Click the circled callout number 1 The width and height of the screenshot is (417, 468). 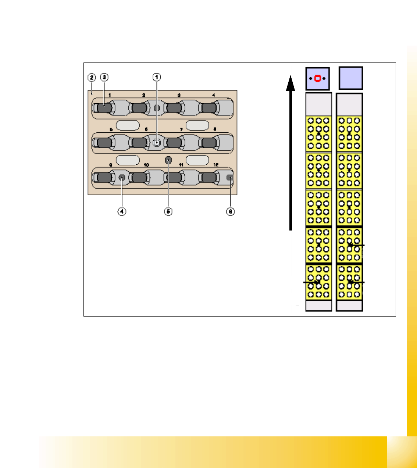click(157, 77)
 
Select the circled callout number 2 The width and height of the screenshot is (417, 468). click(92, 77)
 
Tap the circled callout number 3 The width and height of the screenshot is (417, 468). click(105, 77)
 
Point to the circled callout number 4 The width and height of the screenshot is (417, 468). click(122, 211)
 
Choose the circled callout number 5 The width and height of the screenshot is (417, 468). click(168, 211)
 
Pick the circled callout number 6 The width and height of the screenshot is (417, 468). click(230, 211)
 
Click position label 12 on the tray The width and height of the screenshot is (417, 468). click(216, 165)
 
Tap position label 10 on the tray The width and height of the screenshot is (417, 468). click(146, 165)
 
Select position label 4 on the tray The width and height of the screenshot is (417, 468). click(214, 95)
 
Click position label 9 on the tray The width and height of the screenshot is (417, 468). click(110, 165)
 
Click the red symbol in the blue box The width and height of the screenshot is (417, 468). click(317, 79)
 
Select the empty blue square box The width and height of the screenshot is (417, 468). click(351, 78)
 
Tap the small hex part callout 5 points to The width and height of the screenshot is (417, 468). click(168, 160)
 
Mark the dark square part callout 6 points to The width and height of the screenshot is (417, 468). click(229, 178)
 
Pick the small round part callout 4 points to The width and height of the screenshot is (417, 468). click(122, 178)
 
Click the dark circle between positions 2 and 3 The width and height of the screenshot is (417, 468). click(157, 108)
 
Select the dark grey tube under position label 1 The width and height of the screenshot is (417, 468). click(104, 108)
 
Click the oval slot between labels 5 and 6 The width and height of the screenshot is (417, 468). click(128, 125)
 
